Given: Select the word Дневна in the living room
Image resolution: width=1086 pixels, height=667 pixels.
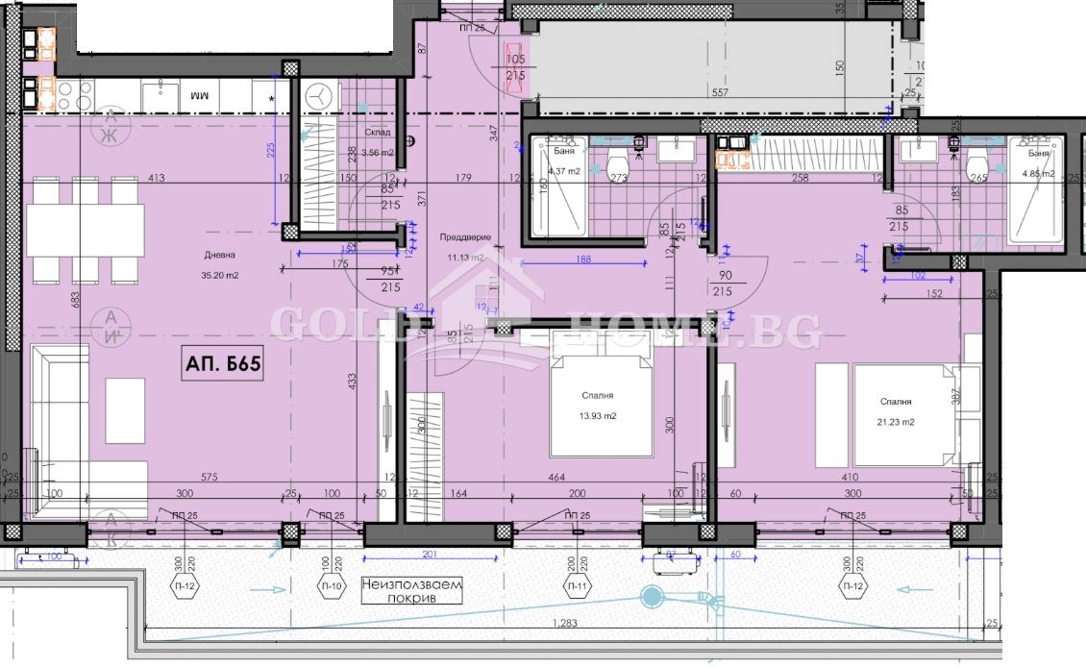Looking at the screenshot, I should [x=219, y=255].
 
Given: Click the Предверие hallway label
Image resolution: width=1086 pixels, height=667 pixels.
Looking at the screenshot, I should [x=465, y=237].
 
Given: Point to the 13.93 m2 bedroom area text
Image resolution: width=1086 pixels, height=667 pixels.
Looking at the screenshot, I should [x=597, y=415].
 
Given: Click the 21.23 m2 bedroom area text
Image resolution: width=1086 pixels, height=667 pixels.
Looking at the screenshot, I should [x=894, y=422].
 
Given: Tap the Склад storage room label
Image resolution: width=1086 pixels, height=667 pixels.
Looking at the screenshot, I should [x=377, y=133].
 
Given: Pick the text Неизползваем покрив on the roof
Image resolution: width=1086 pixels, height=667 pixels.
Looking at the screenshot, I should [x=412, y=590].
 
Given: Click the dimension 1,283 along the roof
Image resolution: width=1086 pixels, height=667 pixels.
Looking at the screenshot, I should [x=565, y=625].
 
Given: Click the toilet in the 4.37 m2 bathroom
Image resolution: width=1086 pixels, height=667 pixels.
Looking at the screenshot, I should [x=618, y=163].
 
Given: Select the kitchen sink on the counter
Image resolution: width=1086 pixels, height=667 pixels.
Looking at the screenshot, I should [x=160, y=95].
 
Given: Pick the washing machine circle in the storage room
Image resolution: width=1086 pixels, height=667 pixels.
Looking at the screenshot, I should [x=321, y=95].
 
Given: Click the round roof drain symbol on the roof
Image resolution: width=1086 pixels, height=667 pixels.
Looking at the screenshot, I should [x=652, y=597].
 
